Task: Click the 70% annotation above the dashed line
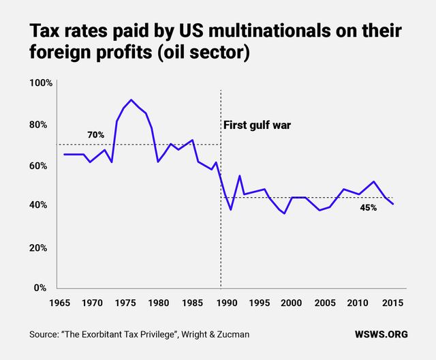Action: point(96,135)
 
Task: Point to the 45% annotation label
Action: point(369,207)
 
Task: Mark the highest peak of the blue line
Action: point(131,100)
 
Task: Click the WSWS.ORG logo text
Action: point(381,335)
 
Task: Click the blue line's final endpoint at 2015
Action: point(393,204)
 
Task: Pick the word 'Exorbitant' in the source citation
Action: point(119,335)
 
